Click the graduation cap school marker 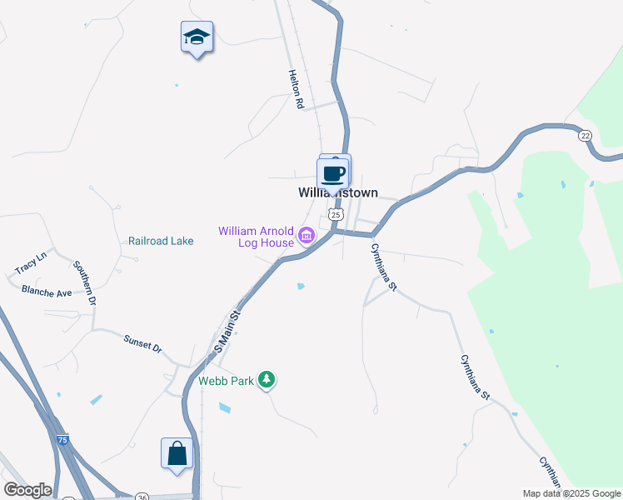pos(197,37)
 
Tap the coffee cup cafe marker pos(333,174)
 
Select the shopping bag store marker pos(177,455)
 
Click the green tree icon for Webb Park pos(266,380)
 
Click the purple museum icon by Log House pos(307,236)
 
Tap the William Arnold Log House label pos(257,237)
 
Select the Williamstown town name pos(337,192)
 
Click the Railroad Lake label pos(161,241)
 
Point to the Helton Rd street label pos(294,90)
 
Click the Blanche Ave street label pos(47,292)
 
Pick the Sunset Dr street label pos(142,343)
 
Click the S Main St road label pos(227,332)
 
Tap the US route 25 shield pos(335,214)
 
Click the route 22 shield pos(586,135)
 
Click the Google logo pos(27,489)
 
